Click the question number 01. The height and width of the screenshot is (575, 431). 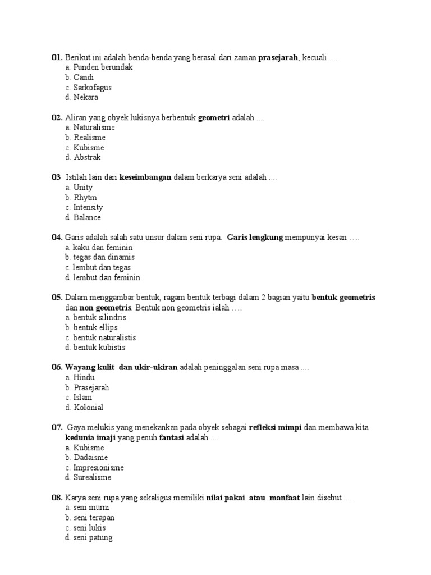57,57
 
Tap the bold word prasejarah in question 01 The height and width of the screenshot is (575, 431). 278,57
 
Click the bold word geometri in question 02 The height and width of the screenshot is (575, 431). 214,117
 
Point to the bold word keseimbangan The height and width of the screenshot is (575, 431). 145,177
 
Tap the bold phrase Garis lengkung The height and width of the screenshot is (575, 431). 255,238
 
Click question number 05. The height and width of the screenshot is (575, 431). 57,298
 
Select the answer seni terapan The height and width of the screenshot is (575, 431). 94,518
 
